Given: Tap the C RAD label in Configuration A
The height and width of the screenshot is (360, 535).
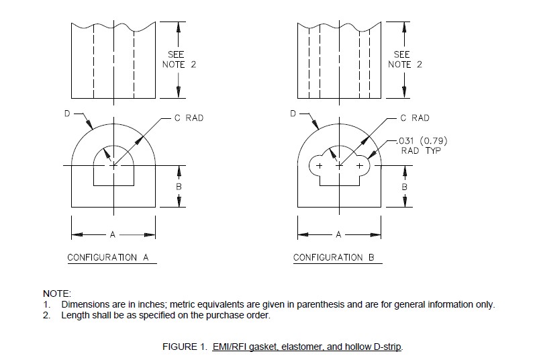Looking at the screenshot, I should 189,118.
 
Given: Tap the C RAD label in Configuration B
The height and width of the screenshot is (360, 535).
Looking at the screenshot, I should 415,118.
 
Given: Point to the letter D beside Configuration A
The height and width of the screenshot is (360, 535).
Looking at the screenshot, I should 67,114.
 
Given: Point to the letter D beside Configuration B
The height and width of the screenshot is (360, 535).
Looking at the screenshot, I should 293,114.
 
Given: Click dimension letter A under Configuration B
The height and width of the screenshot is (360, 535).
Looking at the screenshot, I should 338,235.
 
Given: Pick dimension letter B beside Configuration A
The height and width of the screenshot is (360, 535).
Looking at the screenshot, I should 179,186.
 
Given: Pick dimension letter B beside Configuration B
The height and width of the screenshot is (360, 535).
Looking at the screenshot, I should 405,186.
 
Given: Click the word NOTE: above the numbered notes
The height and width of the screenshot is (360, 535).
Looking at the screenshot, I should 57,294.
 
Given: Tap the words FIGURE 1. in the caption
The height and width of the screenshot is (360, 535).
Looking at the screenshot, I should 184,347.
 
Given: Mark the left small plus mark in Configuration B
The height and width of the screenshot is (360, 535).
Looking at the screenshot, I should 319,165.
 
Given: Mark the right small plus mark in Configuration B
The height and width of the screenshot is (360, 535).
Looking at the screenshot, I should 359,165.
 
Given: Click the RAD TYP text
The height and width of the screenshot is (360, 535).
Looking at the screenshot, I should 419,150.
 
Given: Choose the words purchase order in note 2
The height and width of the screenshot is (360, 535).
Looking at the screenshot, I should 242,315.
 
